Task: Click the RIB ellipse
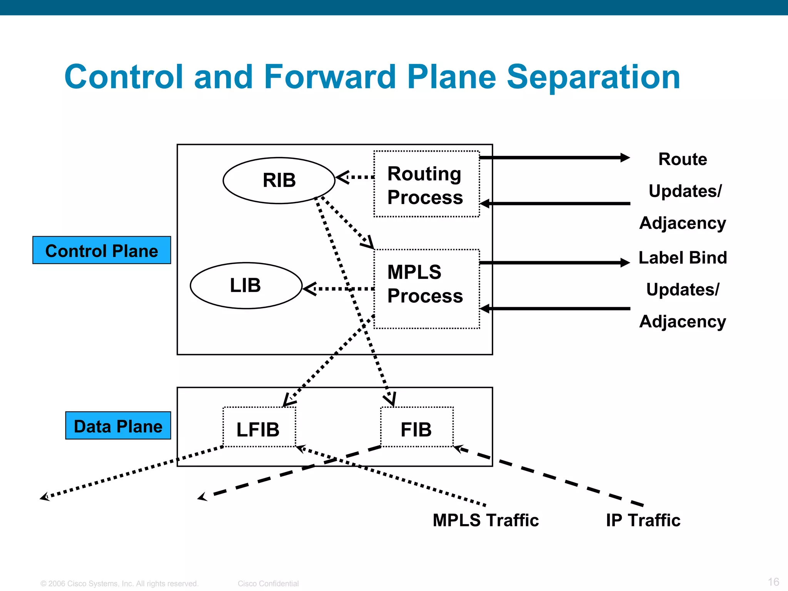point(279,180)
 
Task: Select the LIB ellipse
point(246,285)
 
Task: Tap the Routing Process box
point(426,184)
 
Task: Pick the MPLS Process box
point(426,289)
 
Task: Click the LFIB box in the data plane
point(259,427)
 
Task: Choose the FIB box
point(417,427)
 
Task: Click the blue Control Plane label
point(102,250)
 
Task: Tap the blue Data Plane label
point(118,426)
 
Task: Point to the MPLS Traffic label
point(486,520)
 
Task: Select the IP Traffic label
point(643,520)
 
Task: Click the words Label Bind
point(683,258)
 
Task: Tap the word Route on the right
point(683,159)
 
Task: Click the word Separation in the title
point(593,77)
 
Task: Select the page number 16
point(773,582)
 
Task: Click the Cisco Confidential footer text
point(268,584)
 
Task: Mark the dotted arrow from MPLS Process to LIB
point(339,289)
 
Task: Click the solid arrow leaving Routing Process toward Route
point(554,157)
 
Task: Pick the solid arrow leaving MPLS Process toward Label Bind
point(554,263)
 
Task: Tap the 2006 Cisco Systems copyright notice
point(119,584)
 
